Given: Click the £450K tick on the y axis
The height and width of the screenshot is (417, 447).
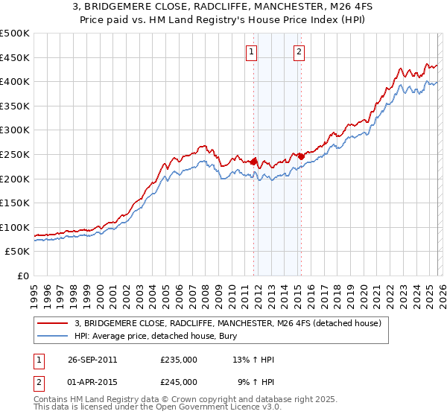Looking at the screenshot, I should tap(16, 57).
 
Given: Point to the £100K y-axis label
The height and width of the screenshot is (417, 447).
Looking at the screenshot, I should tap(16, 227).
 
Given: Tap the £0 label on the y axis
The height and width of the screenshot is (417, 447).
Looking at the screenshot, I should tap(23, 276).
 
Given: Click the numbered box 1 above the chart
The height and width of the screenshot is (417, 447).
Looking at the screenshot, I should tap(252, 51).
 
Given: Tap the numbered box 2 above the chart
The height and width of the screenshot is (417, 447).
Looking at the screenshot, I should tap(299, 51).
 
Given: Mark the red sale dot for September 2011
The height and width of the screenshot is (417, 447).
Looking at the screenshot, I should tap(254, 161).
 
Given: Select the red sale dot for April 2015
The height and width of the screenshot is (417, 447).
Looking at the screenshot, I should tap(301, 156).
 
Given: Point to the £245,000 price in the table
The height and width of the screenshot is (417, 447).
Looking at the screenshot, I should tap(179, 381).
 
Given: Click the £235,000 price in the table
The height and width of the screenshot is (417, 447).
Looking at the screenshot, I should tap(179, 360).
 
